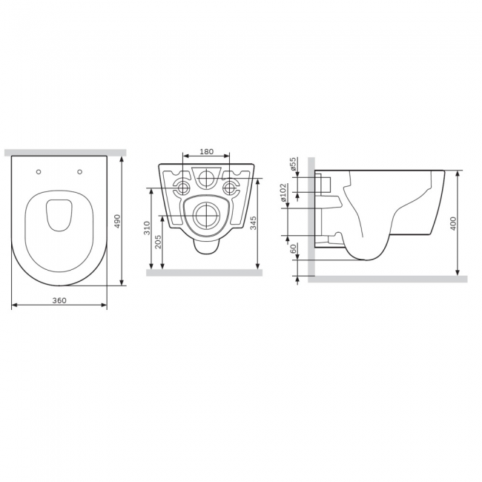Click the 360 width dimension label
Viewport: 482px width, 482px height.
(59, 300)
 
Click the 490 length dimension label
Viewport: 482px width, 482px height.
(117, 221)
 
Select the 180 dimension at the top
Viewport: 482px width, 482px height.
(206, 151)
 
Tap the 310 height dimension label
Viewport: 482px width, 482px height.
(148, 228)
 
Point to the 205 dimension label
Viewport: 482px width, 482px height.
(158, 242)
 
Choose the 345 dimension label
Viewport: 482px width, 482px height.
(253, 222)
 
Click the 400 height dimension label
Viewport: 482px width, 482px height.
(453, 223)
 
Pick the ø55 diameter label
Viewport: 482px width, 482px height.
(293, 164)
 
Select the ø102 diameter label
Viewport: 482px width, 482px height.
(283, 193)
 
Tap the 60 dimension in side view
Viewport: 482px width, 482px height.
(294, 248)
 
